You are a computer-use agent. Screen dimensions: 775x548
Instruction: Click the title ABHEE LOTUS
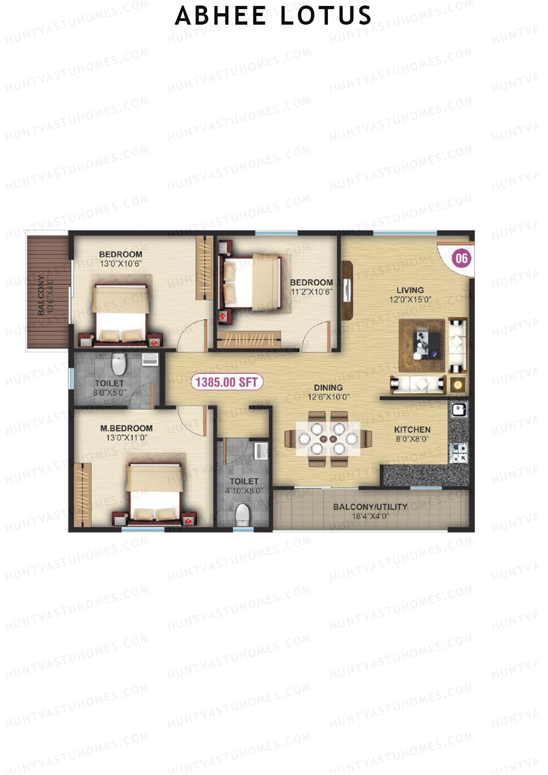tap(273, 16)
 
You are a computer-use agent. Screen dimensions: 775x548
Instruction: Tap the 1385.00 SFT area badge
tap(227, 382)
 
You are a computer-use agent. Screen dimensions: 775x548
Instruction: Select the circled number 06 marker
tap(461, 259)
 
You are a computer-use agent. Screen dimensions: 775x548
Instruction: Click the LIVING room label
tap(410, 290)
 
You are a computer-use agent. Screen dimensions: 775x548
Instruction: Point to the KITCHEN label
tap(412, 430)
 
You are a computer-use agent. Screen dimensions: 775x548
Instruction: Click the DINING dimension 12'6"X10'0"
tap(328, 397)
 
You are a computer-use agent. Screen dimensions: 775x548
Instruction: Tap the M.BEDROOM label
tap(126, 428)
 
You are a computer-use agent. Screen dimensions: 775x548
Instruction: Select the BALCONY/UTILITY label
tap(370, 507)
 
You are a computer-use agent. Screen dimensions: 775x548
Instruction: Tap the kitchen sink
tap(458, 410)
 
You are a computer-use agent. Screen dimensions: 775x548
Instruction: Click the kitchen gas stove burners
tap(458, 453)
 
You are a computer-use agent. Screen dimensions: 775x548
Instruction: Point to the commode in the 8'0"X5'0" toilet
tap(119, 364)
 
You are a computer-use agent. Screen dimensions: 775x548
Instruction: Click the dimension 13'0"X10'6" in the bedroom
tap(121, 264)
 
